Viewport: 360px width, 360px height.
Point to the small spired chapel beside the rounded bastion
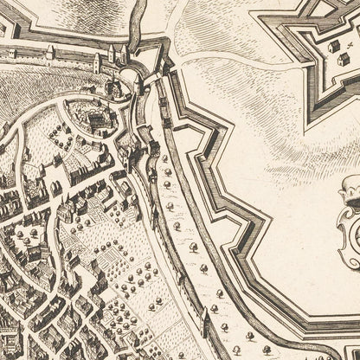(111, 89)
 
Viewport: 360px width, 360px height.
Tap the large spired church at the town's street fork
(127, 157)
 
